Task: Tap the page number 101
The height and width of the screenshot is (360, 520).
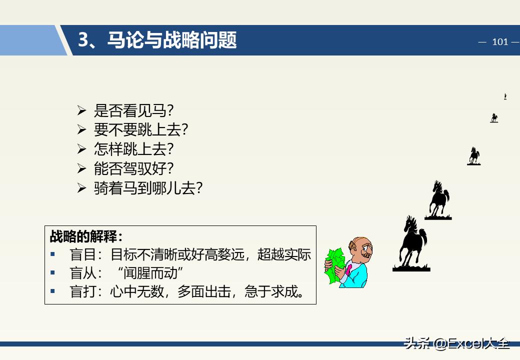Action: coord(499,41)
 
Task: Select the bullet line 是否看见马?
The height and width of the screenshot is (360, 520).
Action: coord(133,110)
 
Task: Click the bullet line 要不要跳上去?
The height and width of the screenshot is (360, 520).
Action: coord(141,129)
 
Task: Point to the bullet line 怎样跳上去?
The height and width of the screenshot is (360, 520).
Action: coord(133,149)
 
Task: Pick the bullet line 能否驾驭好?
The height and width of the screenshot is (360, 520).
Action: coord(133,168)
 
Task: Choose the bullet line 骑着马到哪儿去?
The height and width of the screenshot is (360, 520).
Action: coord(148,188)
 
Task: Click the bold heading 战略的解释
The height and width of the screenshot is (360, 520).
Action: coord(85,235)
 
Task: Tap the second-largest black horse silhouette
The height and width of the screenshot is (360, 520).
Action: coord(438,199)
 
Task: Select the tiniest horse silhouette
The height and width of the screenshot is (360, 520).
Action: coord(505,96)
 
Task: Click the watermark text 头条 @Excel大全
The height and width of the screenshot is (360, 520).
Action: coord(456,343)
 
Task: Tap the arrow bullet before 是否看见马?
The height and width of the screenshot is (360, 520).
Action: coord(82,110)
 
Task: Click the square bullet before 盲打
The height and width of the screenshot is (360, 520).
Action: coord(53,291)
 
